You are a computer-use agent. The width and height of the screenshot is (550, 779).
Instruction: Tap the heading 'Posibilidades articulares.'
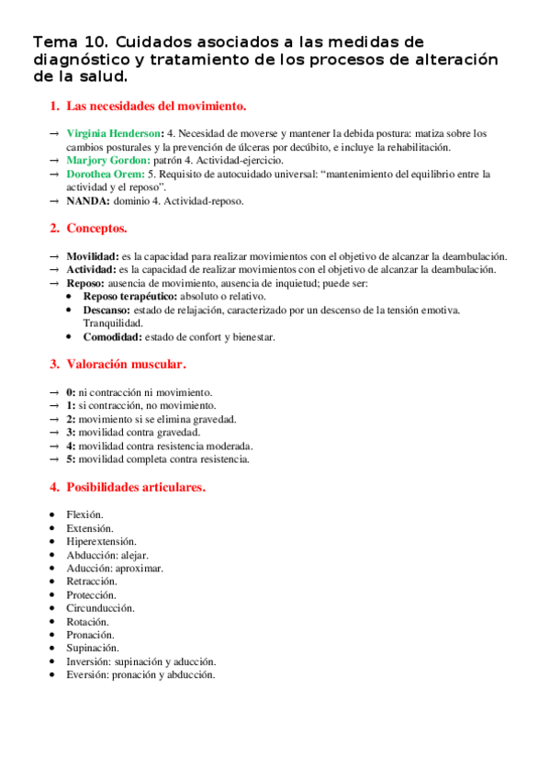tap(136, 487)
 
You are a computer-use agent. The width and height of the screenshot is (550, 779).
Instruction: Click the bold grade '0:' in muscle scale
tap(71, 391)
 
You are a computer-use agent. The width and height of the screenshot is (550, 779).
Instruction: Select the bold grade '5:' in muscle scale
tap(71, 458)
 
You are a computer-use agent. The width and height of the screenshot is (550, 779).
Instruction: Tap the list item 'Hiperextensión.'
tap(101, 542)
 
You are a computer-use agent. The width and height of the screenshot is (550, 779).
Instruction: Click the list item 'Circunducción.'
tap(100, 608)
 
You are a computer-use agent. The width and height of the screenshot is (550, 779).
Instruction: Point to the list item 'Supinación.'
tap(93, 648)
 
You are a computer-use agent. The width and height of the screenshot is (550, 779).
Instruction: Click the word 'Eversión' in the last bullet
tap(86, 674)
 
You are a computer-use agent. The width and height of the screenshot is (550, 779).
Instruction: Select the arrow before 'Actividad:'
tap(54, 269)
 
